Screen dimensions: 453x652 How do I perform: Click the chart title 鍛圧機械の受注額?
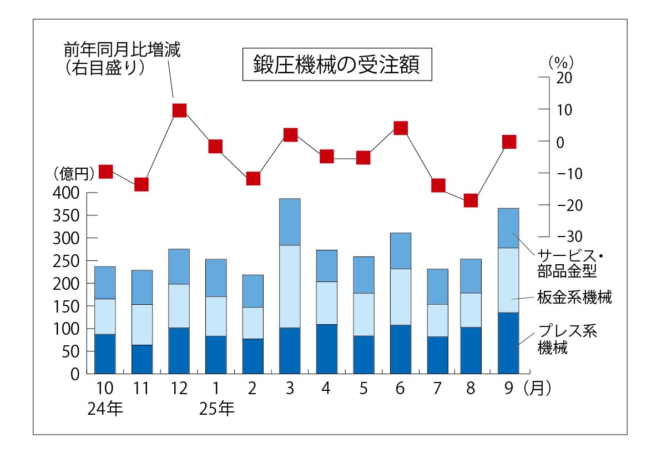337,65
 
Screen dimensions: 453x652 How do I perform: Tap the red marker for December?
179,110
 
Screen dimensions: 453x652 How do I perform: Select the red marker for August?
471,200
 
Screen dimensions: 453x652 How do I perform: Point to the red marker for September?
509,142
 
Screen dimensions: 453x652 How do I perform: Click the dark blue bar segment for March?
290,350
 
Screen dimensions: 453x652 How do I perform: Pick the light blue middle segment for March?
290,286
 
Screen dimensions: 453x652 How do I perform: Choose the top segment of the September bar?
508,228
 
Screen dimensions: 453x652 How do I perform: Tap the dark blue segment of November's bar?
142,359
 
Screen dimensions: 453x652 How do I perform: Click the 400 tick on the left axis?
67,193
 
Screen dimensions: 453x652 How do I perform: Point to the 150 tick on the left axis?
67,306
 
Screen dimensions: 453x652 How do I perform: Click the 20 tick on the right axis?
564,78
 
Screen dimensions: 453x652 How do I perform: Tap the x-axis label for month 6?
400,389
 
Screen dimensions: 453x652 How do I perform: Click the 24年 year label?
105,409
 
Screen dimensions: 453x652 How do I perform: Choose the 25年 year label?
216,409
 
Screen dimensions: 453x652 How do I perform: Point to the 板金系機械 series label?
575,298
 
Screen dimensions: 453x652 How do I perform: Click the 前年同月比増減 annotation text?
122,50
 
